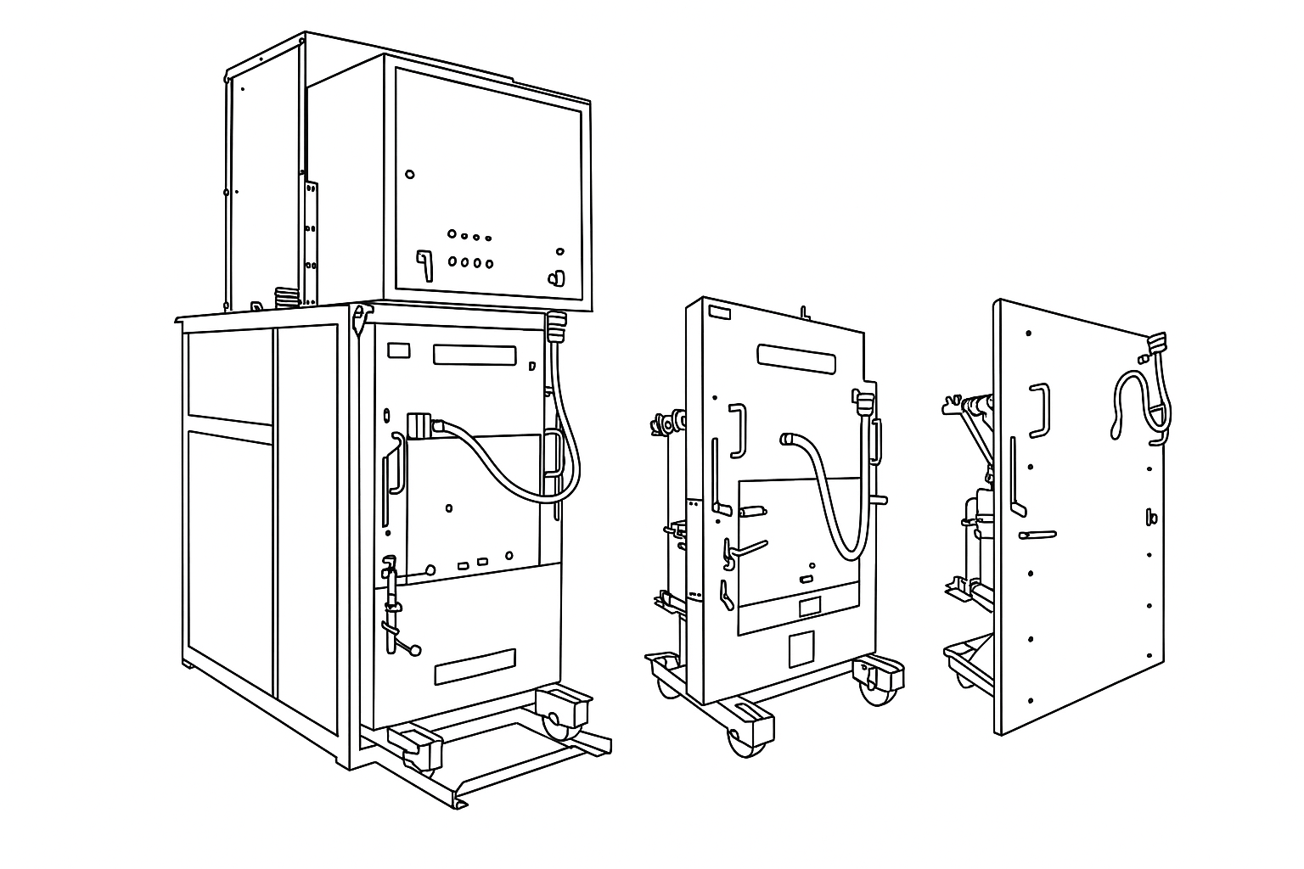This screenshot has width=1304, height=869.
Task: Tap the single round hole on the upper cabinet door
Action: (410, 174)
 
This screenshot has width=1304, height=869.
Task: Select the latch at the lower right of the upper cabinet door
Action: (557, 277)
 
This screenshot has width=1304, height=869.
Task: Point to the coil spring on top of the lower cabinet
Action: (287, 297)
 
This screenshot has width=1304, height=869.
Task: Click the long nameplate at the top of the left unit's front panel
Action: (475, 354)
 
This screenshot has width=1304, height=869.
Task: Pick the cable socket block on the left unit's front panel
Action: (420, 424)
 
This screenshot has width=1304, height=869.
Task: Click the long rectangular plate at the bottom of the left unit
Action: (475, 666)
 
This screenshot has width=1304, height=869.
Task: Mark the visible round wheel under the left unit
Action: (556, 722)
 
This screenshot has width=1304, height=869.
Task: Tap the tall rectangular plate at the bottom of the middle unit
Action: (801, 649)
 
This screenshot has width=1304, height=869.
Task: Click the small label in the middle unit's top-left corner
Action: (720, 313)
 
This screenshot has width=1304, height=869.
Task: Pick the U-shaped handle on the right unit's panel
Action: (1039, 410)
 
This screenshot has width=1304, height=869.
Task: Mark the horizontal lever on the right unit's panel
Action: (1035, 535)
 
